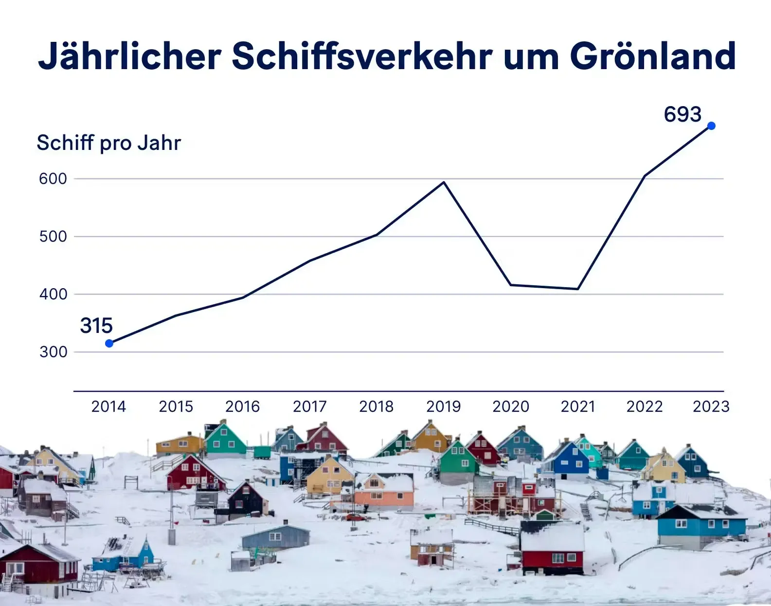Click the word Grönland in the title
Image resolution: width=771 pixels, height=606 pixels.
coord(653,56)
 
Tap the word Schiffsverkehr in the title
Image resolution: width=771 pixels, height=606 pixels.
coord(362,56)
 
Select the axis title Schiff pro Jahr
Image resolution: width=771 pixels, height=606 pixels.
coord(109,143)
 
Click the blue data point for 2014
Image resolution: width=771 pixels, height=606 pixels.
coord(109,343)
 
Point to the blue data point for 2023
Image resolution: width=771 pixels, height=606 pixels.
coord(711,126)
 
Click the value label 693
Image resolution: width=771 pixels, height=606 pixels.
coord(682,114)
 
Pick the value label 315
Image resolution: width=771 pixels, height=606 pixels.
coord(96,326)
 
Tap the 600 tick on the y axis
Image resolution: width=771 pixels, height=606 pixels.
coord(53,179)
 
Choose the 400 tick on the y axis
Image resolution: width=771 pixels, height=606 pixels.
coord(53,294)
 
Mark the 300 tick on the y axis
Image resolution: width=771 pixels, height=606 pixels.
coord(53,352)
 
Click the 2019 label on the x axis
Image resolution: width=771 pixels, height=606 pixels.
coord(444,406)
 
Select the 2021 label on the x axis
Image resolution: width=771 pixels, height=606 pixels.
coord(577,406)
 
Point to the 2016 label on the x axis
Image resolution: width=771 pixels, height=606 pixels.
coord(243,406)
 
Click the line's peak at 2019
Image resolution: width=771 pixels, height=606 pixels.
coord(444,183)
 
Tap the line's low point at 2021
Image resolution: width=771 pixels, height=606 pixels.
coord(577,289)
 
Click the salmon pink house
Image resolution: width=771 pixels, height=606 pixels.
coord(384,492)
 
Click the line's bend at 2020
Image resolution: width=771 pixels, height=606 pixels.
coord(511,285)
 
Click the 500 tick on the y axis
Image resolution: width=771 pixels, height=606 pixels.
coord(53,237)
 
